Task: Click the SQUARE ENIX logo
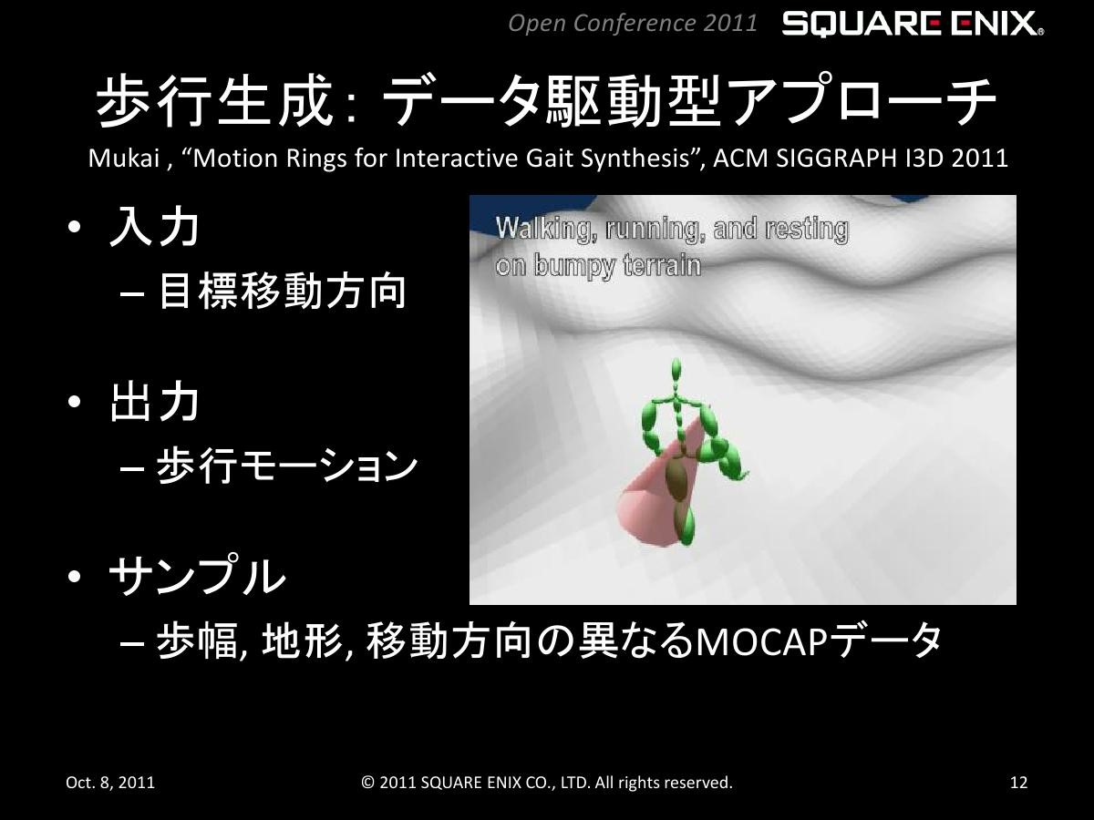[x=913, y=24]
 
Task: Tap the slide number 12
[x=1018, y=783]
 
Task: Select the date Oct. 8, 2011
[x=110, y=783]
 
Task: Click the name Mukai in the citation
[x=124, y=159]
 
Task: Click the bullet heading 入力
[x=154, y=227]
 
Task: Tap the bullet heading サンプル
[x=197, y=576]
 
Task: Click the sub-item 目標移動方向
[x=282, y=292]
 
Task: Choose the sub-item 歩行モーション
[x=286, y=466]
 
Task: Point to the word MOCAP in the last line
[x=761, y=642]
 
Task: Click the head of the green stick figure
[x=676, y=372]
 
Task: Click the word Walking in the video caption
[x=547, y=229]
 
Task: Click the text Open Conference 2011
[x=633, y=24]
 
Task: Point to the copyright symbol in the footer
[x=367, y=783]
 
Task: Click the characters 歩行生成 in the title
[x=215, y=101]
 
